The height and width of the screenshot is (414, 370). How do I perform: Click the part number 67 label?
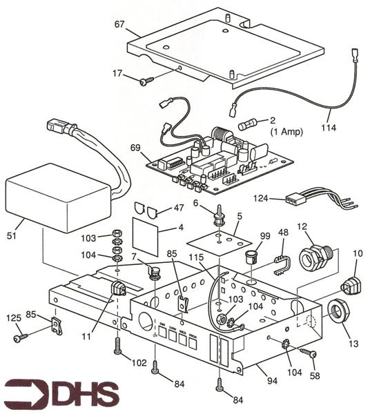(119, 25)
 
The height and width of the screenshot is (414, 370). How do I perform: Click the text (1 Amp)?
(284, 131)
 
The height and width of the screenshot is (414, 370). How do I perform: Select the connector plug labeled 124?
(295, 200)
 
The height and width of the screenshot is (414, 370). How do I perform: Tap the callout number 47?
(178, 207)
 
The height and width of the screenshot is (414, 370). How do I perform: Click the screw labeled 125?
(20, 338)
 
